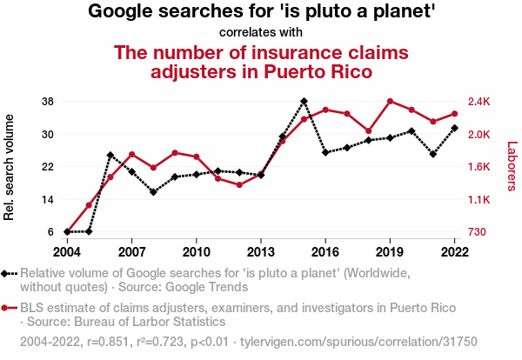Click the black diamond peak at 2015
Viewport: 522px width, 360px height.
coord(304,102)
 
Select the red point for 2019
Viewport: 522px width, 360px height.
coord(390,102)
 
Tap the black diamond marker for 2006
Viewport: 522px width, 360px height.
coord(110,155)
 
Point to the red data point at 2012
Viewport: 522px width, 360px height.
coord(239,184)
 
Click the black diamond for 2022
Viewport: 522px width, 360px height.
coord(454,128)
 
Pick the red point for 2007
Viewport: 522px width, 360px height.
coord(131,154)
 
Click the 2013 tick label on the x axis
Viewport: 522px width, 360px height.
coord(260,251)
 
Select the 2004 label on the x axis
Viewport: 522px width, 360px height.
coord(67,251)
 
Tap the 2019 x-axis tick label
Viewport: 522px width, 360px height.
coord(390,251)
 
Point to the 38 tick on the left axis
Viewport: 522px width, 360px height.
coord(48,102)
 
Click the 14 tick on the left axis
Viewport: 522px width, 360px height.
coord(48,200)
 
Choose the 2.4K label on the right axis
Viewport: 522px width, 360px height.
coord(479,102)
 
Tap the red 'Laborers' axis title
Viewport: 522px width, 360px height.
coord(511,167)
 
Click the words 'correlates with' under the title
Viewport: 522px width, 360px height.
coord(261,33)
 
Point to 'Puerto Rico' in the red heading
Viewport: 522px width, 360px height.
coord(316,71)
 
